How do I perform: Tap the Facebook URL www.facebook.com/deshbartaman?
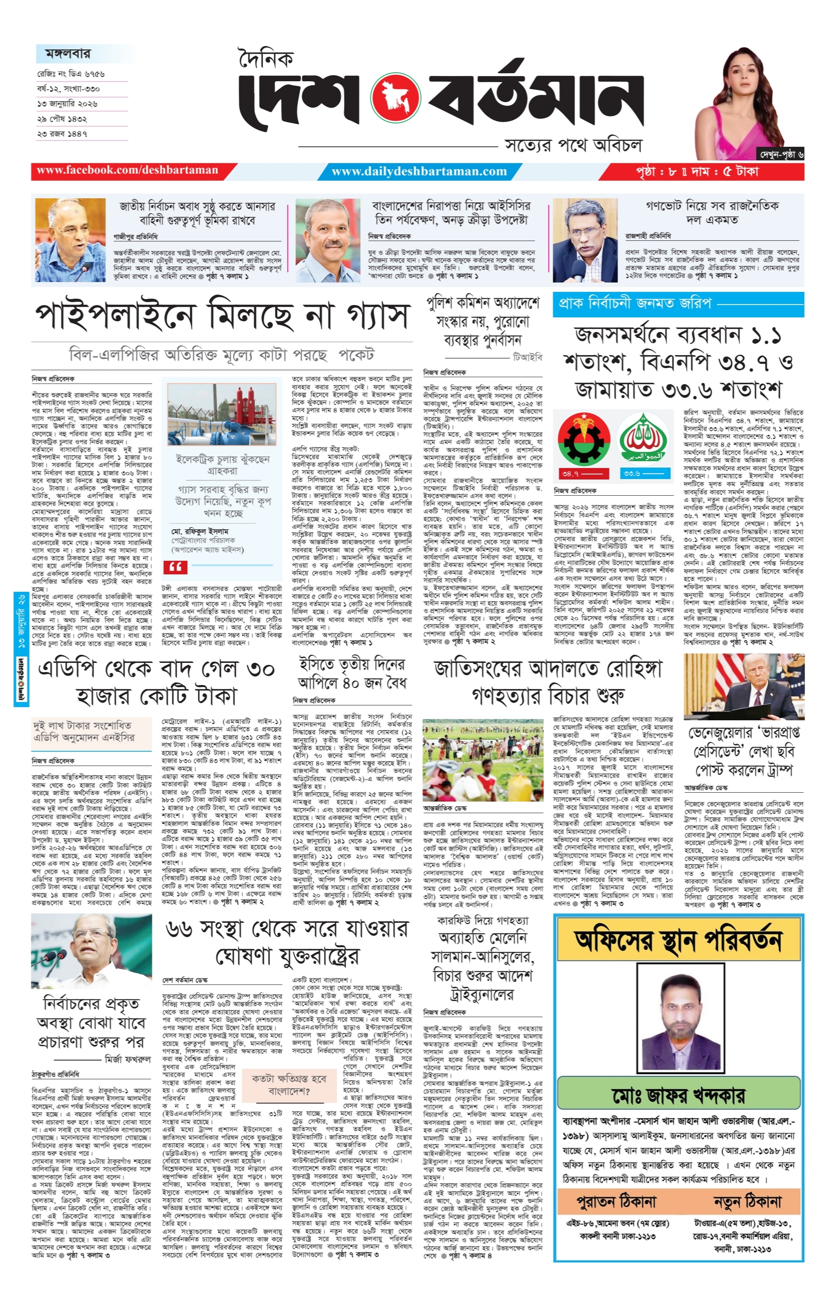pyautogui.click(x=127, y=171)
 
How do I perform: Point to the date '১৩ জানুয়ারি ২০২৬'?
pyautogui.click(x=67, y=103)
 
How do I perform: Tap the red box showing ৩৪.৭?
pyautogui.click(x=570, y=474)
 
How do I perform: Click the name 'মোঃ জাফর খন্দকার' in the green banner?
pyautogui.click(x=678, y=1095)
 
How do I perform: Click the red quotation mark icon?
pyautogui.click(x=175, y=567)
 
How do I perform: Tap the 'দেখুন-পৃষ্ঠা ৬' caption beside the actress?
pyautogui.click(x=781, y=155)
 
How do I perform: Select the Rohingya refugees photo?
pyautogui.click(x=483, y=759)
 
